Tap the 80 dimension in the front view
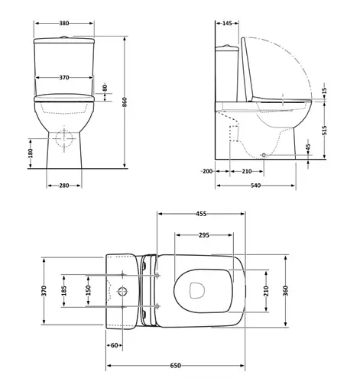pyautogui.click(x=105, y=90)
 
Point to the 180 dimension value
pyautogui.click(x=31, y=153)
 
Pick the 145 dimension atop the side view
pyautogui.click(x=227, y=24)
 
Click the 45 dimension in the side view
pyautogui.click(x=308, y=147)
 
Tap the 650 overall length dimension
pyautogui.click(x=175, y=367)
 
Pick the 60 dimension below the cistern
pyautogui.click(x=115, y=346)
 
